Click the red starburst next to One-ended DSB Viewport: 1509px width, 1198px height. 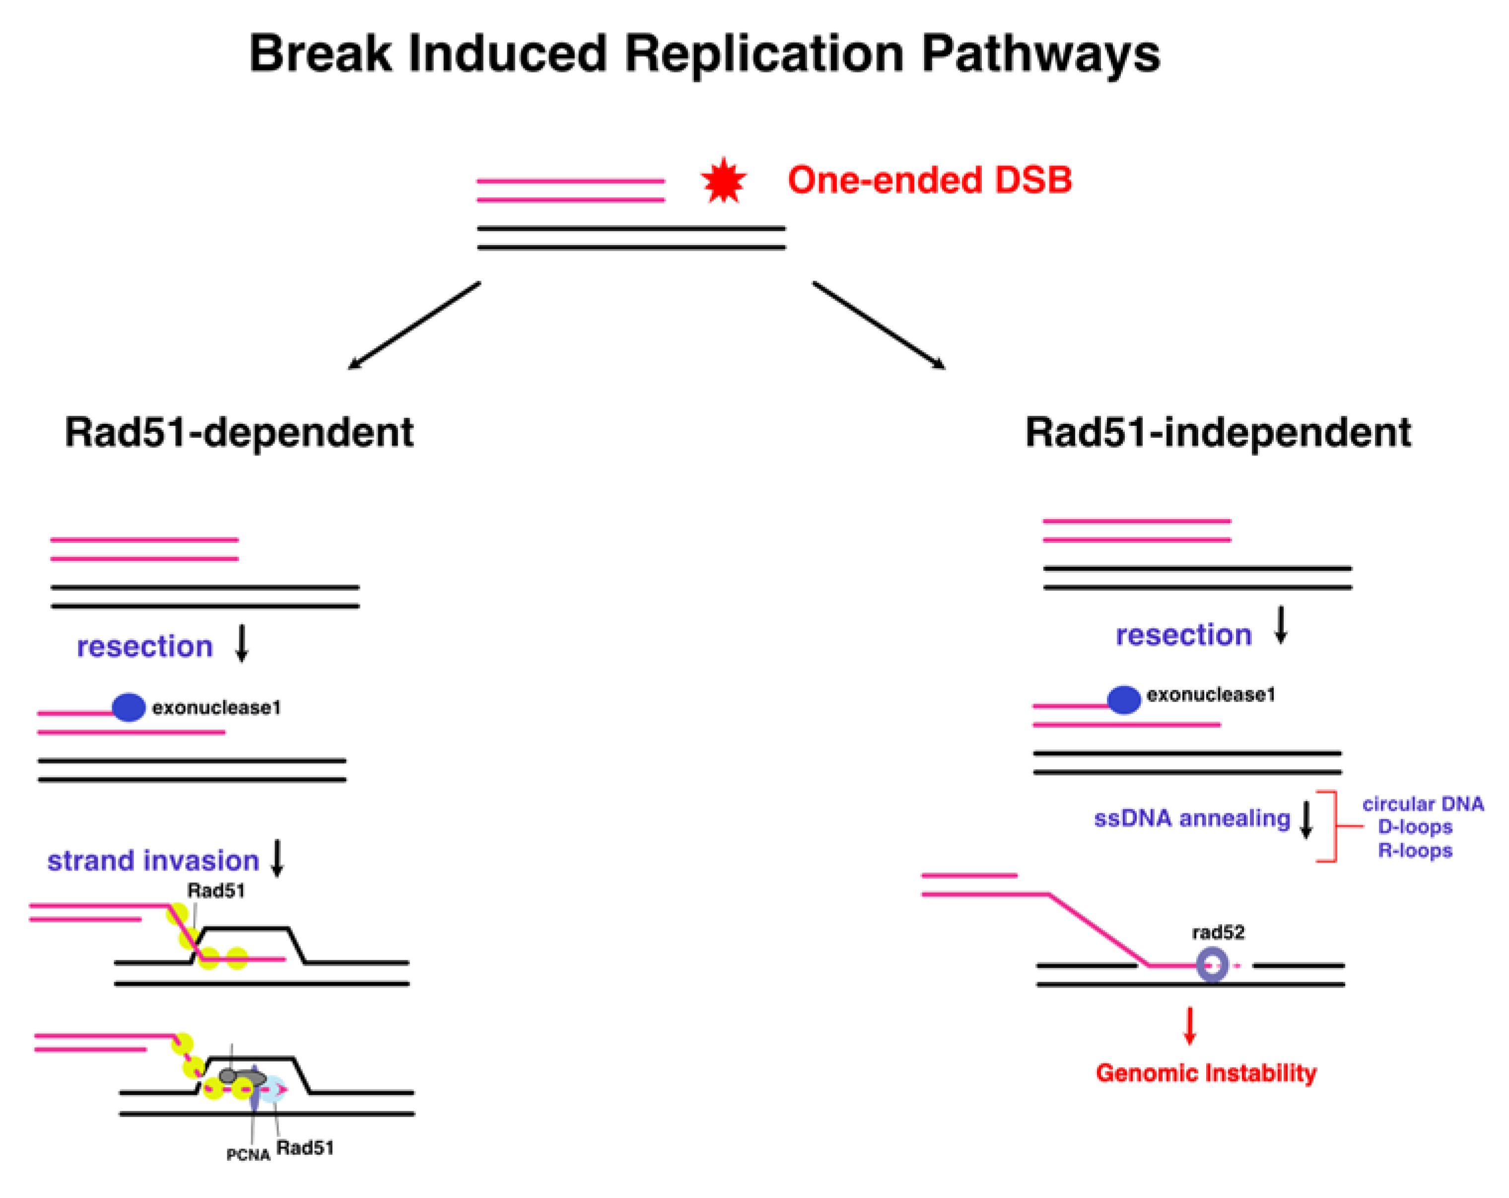click(724, 181)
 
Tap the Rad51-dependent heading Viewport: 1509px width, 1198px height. click(239, 432)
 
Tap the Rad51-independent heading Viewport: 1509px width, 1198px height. click(1218, 432)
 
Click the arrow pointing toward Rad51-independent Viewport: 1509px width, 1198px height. click(879, 326)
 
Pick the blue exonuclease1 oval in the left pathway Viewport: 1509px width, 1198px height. click(129, 708)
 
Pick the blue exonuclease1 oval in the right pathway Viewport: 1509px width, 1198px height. click(1124, 700)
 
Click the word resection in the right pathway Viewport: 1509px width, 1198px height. click(1183, 635)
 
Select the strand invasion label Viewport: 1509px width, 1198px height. click(152, 860)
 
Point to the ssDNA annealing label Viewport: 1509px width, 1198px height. click(1192, 818)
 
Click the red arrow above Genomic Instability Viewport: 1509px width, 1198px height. click(1190, 1025)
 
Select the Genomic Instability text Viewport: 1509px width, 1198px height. click(1206, 1073)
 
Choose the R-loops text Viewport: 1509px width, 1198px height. click(1415, 851)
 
